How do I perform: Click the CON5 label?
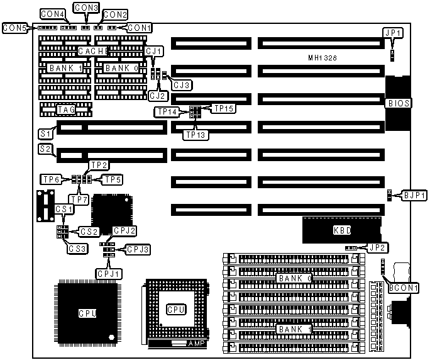point(14,28)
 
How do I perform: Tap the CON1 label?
point(138,28)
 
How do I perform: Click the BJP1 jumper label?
point(415,196)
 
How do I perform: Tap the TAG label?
point(66,110)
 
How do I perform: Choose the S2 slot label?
point(45,150)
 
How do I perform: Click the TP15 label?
point(224,108)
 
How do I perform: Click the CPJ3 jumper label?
point(138,250)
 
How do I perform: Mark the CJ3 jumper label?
point(182,84)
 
